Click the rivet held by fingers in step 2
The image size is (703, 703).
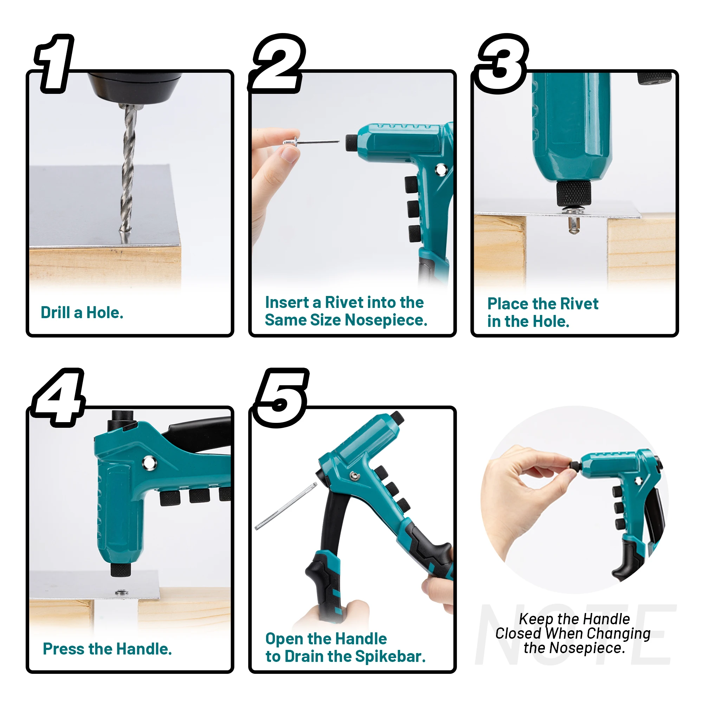309,142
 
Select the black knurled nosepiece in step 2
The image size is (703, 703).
351,143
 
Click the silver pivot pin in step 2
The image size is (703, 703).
441,170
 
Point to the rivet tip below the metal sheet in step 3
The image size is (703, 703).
574,226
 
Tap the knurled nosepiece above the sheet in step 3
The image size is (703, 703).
574,193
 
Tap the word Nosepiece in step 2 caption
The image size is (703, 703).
386,321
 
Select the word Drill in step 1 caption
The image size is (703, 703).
55,313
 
